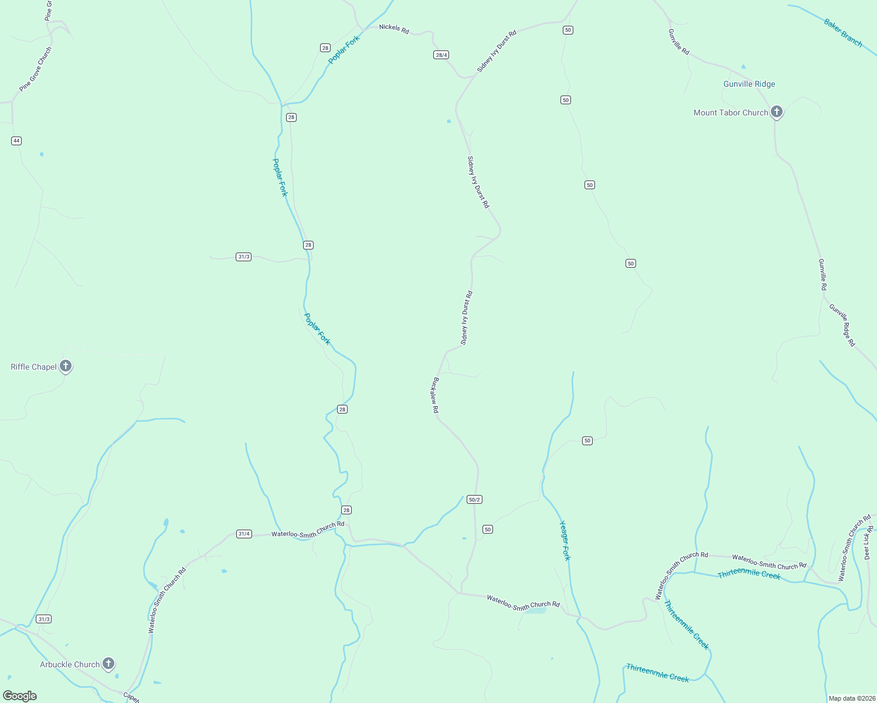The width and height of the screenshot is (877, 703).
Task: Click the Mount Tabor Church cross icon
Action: (x=777, y=111)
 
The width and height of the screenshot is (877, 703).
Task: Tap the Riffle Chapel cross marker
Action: (x=66, y=366)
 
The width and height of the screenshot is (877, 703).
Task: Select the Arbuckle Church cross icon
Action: (x=108, y=663)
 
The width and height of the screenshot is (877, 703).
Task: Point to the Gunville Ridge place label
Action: (x=749, y=84)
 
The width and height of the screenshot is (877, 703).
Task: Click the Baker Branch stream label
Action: (x=843, y=32)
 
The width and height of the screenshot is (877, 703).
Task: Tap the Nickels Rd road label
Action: (x=394, y=28)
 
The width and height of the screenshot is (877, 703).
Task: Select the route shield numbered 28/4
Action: (x=441, y=55)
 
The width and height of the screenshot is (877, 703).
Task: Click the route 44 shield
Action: (x=16, y=141)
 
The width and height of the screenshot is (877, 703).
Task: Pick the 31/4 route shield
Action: (x=244, y=534)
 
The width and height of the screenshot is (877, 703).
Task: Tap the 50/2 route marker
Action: (x=474, y=500)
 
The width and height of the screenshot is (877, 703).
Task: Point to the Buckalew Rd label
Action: (x=436, y=395)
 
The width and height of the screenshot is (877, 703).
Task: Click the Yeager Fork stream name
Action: (x=565, y=540)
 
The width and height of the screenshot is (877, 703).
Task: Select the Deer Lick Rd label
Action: (x=869, y=542)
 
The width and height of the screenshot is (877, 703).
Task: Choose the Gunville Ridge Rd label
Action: (x=842, y=325)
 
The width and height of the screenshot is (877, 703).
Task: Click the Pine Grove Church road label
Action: (x=36, y=69)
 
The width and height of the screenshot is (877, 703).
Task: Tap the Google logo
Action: (x=20, y=696)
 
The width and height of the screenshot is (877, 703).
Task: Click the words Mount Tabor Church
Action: (x=730, y=112)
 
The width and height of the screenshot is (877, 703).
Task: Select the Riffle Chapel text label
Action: (x=34, y=367)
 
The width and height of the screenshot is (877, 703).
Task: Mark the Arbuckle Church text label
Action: (x=70, y=664)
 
